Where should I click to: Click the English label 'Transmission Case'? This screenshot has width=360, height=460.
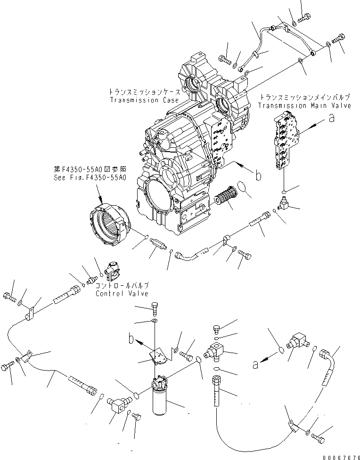coord(144,100)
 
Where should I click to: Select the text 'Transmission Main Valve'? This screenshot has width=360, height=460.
coord(304,105)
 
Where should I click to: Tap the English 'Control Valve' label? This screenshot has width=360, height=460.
coord(122,293)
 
